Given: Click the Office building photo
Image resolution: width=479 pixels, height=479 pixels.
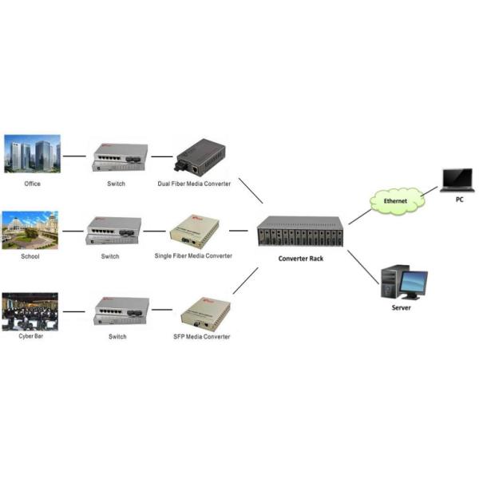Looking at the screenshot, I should (32, 153).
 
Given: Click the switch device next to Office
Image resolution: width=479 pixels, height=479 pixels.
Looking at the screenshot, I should (120, 156).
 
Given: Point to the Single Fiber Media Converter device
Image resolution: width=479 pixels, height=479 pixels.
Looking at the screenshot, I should (192, 230).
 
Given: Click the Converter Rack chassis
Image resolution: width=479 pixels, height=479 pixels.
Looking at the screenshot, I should (301, 232).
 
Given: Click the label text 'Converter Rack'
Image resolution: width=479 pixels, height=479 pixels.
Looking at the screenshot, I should (301, 259).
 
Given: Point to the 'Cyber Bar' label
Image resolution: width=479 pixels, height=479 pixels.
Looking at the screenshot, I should (32, 337).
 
